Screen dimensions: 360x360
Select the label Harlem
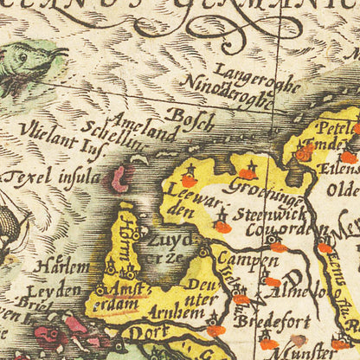click(61, 267)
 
